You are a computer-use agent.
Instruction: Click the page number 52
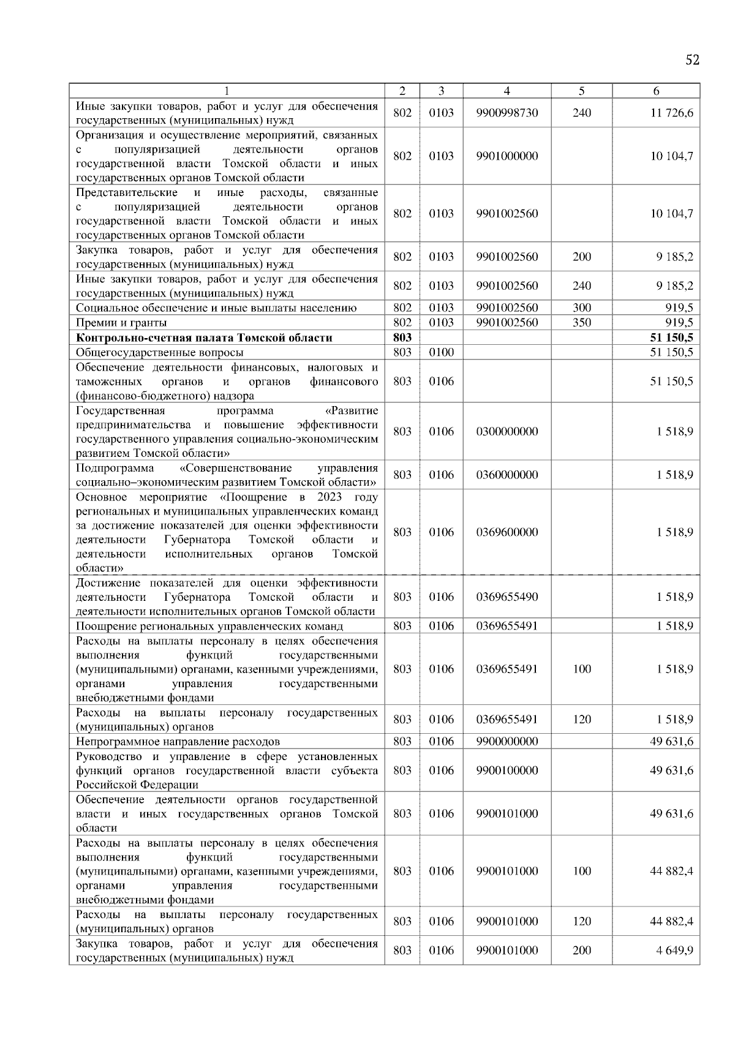click(x=692, y=59)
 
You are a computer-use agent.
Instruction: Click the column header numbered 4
click(x=507, y=91)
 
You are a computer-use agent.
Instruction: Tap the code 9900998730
click(x=507, y=113)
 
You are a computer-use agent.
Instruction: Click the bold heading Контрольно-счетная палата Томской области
click(x=204, y=337)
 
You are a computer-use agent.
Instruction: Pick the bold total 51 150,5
click(x=671, y=337)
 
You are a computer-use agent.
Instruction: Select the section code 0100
click(x=441, y=352)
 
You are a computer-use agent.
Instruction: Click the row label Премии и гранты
click(x=121, y=323)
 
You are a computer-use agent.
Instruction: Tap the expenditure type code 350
click(x=581, y=323)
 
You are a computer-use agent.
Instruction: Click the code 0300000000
click(x=507, y=431)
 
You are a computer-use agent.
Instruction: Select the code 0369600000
click(x=507, y=532)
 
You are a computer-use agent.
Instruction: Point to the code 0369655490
click(x=507, y=597)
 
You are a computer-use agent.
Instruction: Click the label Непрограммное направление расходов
click(x=178, y=742)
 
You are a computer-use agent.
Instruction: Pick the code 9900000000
click(x=507, y=742)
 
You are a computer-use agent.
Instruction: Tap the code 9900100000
click(x=507, y=771)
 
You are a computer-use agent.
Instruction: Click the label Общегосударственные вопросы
click(x=159, y=353)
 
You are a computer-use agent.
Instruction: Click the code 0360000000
click(x=507, y=475)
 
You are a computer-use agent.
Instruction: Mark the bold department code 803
click(x=402, y=337)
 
